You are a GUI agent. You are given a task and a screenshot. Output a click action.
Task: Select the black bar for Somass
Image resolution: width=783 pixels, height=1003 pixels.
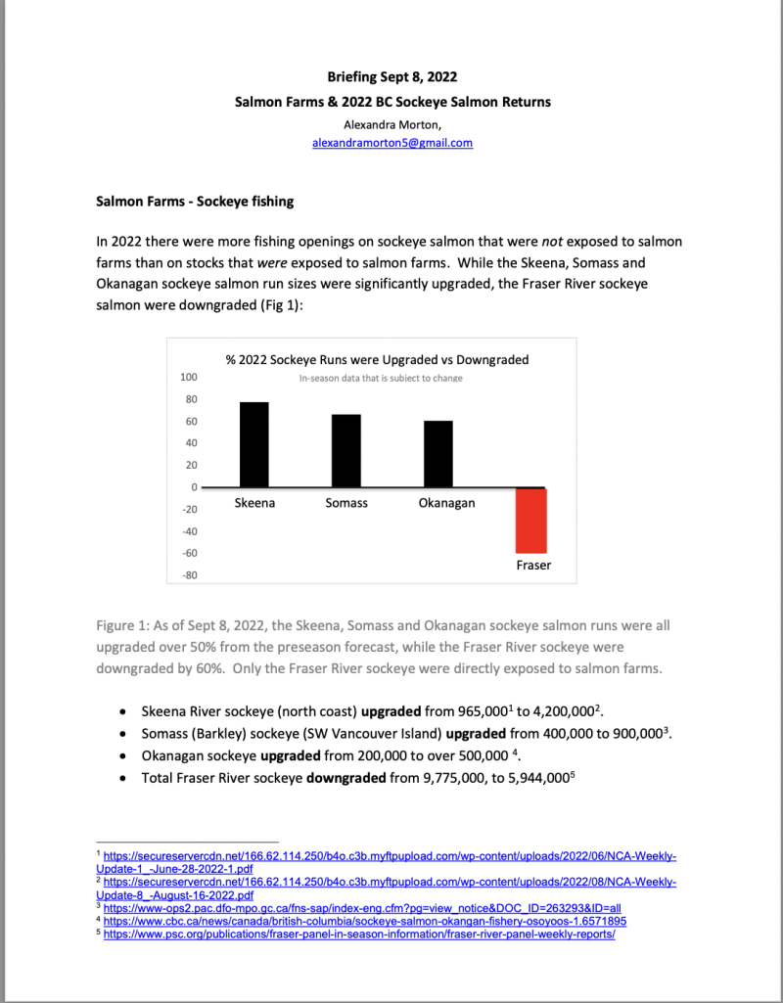tap(346, 450)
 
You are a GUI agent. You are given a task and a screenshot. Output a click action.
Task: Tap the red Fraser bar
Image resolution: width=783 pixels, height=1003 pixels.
tap(532, 520)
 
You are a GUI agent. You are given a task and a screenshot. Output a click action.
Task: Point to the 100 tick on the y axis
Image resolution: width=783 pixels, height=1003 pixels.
tap(188, 377)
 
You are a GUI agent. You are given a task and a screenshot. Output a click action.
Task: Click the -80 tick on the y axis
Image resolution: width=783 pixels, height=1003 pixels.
tap(188, 575)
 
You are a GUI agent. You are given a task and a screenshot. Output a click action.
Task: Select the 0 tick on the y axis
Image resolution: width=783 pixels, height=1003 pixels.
tap(194, 487)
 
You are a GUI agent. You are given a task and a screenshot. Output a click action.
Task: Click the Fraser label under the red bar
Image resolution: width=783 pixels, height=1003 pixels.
tap(533, 566)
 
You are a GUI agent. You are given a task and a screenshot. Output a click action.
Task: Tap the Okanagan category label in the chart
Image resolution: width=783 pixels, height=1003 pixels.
tap(439, 503)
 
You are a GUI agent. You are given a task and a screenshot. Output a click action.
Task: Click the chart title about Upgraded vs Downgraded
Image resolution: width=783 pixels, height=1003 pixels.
tap(377, 359)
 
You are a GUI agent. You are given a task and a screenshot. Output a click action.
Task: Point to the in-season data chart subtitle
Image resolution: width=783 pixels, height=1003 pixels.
tap(381, 378)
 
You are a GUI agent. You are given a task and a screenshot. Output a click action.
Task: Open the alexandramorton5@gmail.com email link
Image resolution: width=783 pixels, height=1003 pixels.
tap(391, 143)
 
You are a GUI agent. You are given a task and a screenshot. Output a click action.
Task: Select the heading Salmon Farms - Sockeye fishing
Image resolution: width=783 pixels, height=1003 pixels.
tap(194, 203)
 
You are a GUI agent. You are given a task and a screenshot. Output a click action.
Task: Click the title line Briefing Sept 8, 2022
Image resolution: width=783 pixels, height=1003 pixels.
tap(391, 76)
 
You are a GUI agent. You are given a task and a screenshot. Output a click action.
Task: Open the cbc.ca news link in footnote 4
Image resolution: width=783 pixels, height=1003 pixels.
tap(365, 921)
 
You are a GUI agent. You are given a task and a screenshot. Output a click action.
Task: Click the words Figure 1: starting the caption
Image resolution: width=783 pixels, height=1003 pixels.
tap(124, 625)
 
